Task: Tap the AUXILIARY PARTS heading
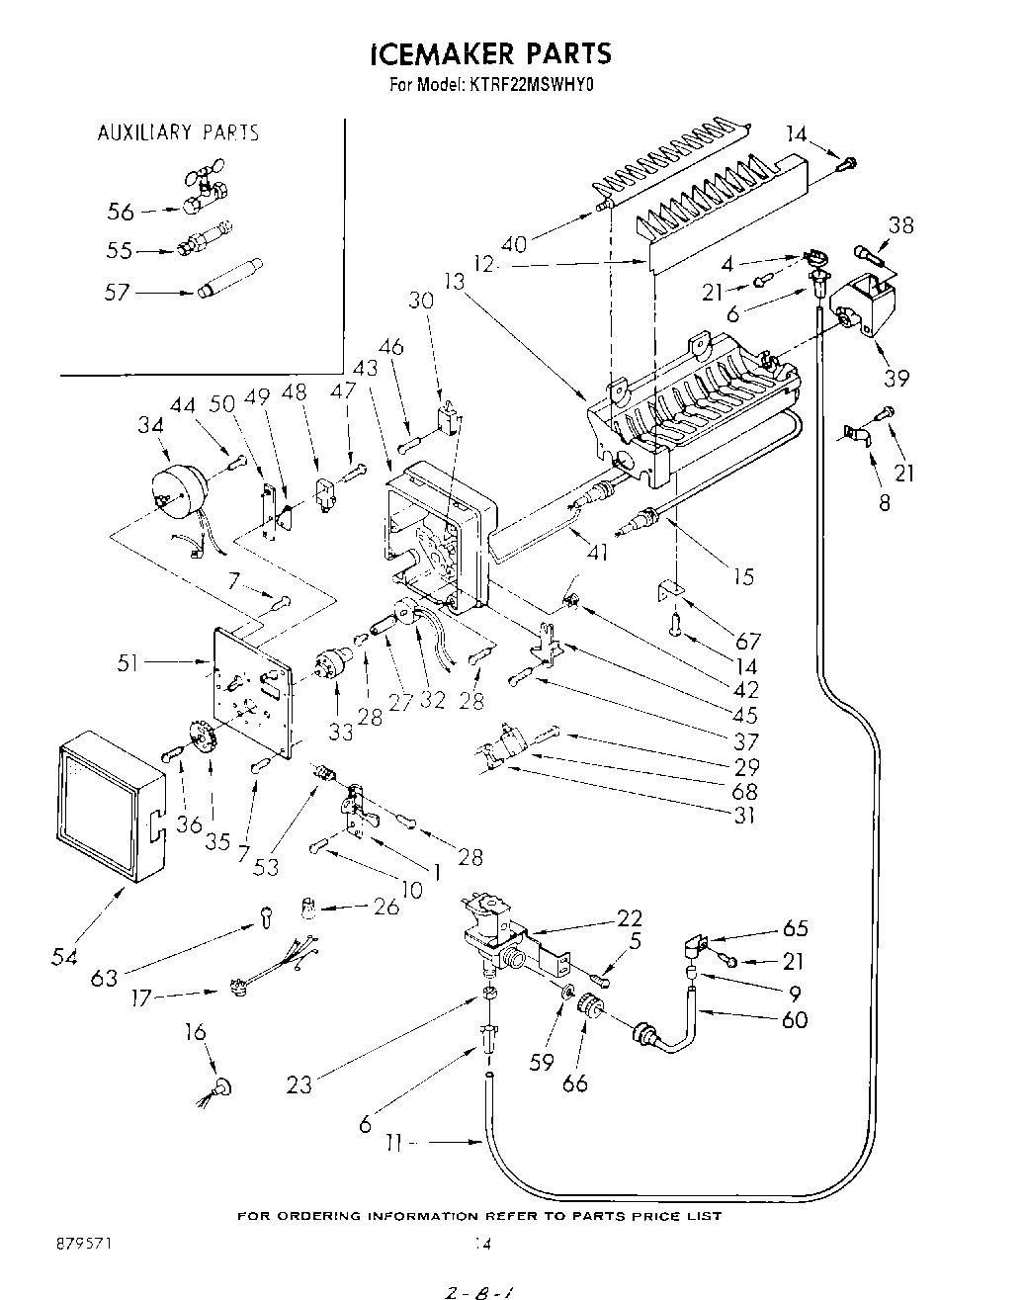point(178,132)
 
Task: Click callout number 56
point(121,211)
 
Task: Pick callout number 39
point(896,378)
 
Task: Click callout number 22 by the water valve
point(630,917)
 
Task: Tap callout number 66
point(574,1083)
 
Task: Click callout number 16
point(196,1033)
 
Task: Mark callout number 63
point(103,978)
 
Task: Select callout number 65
point(795,927)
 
